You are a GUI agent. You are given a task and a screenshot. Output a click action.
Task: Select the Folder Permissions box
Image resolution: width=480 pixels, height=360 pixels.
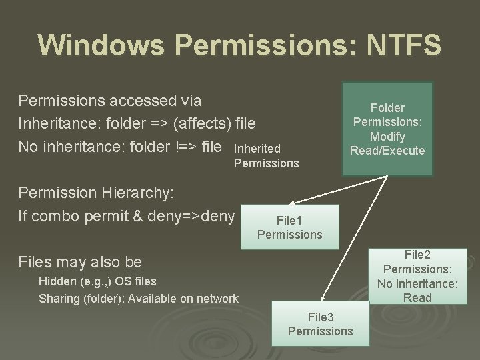click(388, 129)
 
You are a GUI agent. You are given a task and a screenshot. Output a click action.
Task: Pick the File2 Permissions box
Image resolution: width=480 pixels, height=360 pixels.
click(417, 275)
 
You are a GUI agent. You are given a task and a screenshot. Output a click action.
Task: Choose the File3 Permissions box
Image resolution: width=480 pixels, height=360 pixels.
click(321, 324)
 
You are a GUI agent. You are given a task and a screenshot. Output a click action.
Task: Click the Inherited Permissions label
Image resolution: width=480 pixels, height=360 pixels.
click(267, 155)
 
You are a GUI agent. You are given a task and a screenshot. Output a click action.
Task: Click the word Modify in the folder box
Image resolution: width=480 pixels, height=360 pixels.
click(388, 136)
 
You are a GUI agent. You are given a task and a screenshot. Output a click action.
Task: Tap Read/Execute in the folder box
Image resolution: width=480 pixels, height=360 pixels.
click(388, 151)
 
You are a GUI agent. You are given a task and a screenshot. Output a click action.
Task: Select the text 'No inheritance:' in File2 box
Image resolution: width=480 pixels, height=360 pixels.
click(417, 283)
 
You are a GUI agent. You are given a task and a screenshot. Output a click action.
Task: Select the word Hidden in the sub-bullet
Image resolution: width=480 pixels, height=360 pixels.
click(58, 281)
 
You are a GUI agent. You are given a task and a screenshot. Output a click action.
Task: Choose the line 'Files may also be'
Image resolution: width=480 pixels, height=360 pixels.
click(80, 261)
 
